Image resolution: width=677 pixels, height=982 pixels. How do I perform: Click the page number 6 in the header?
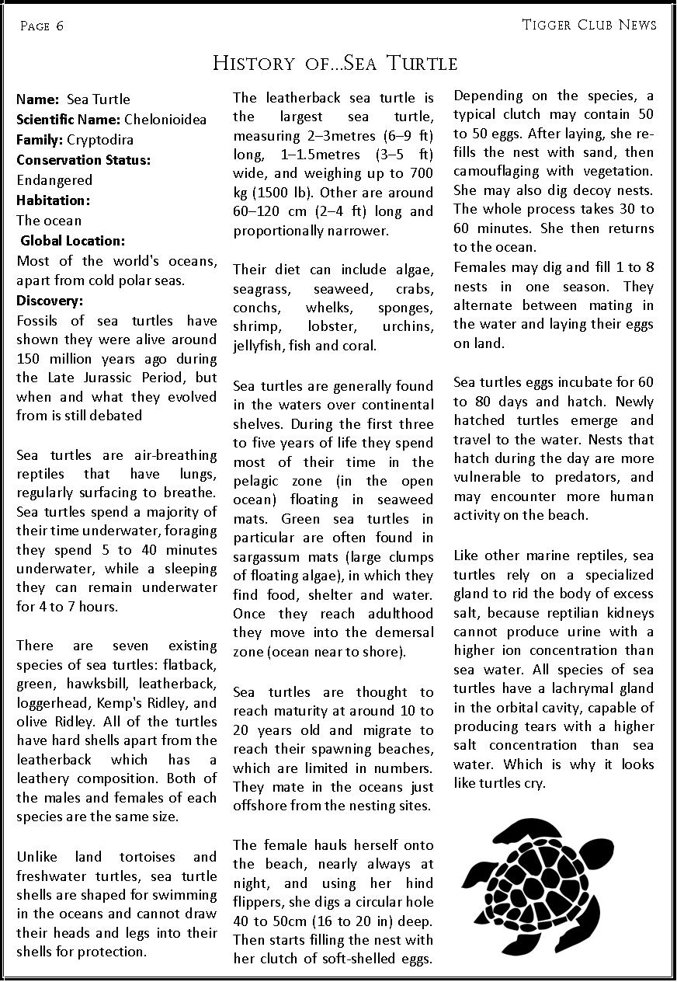[x=59, y=26]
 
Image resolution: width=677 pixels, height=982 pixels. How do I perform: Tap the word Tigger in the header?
[x=547, y=25]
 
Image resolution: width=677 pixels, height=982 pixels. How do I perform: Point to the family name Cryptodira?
[x=100, y=140]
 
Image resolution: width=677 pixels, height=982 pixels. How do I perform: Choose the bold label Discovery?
[x=50, y=301]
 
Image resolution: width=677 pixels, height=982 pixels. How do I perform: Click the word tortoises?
[x=148, y=857]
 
